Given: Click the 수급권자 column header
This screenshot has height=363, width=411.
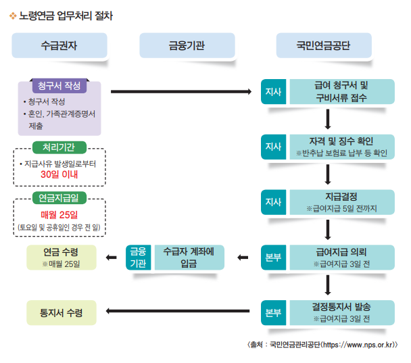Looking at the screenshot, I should click(59, 45).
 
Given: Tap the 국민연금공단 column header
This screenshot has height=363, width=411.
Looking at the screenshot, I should click(323, 45).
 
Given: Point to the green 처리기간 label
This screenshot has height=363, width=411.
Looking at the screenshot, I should click(59, 147).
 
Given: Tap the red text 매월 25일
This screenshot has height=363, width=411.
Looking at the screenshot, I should click(59, 214).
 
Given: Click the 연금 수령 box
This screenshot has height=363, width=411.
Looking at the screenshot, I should click(59, 257).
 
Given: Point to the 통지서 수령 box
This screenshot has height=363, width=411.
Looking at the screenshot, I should click(59, 312).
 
